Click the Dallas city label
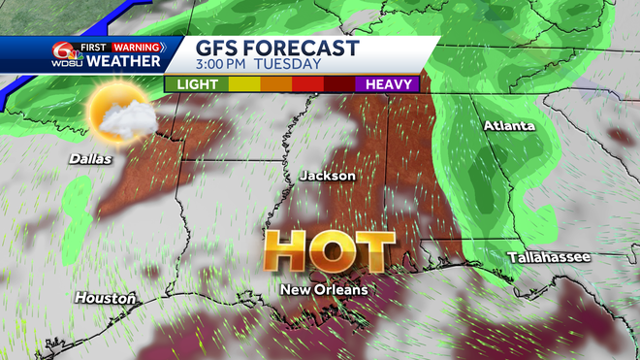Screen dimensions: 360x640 pyautogui.click(x=90, y=158)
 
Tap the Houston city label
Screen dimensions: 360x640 pyautogui.click(x=105, y=298)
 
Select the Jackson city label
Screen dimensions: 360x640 pyautogui.click(x=328, y=176)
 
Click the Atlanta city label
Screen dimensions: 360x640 pyautogui.click(x=510, y=126)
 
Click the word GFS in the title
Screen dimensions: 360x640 pyautogui.click(x=219, y=49)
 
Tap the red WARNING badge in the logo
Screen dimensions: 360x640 pyautogui.click(x=136, y=47)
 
